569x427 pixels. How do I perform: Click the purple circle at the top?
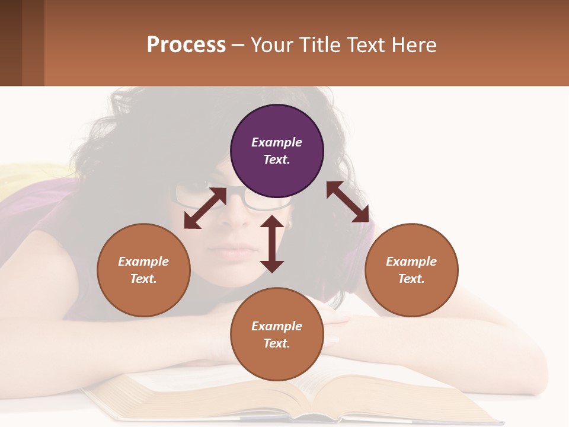click(277, 151)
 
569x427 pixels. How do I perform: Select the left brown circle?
click(143, 270)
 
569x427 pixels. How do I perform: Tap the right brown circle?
click(411, 270)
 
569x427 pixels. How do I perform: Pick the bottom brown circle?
click(277, 334)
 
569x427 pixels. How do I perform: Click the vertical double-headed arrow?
click(272, 244)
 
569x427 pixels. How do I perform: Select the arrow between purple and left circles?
click(205, 208)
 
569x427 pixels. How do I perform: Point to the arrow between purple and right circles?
click(348, 202)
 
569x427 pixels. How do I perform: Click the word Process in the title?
click(186, 44)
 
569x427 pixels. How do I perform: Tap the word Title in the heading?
click(320, 44)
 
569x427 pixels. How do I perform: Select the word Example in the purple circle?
click(277, 142)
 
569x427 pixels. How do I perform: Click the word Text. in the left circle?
click(143, 279)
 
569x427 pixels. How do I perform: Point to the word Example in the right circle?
click(411, 262)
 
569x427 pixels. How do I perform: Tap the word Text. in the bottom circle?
click(277, 343)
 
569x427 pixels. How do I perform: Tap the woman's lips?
click(237, 249)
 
